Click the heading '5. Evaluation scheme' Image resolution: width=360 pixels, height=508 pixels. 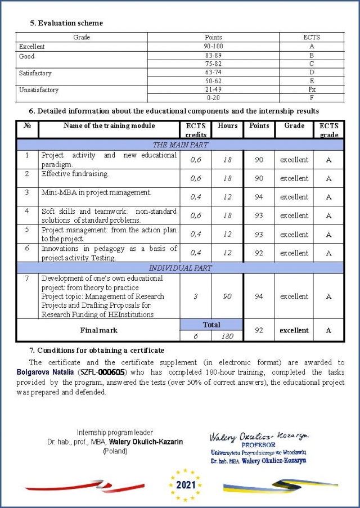(x=66, y=23)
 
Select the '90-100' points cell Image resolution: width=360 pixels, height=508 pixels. (x=213, y=46)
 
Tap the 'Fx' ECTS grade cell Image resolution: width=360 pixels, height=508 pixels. (x=311, y=89)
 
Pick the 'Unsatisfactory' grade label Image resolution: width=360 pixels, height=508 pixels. (x=39, y=89)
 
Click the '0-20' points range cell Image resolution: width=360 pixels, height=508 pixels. (x=213, y=98)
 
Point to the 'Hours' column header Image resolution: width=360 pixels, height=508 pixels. (x=227, y=125)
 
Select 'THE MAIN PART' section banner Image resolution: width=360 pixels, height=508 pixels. (x=180, y=145)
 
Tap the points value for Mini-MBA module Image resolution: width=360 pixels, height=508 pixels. (x=259, y=197)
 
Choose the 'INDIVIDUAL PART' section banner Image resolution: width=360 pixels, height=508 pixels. (x=180, y=268)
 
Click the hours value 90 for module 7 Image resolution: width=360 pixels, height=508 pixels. (x=227, y=296)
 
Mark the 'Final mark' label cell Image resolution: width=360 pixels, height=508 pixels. (x=98, y=330)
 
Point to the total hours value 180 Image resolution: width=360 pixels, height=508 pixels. (x=227, y=336)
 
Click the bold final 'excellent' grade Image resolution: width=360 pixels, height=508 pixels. (x=294, y=330)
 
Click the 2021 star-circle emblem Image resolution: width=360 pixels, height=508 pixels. (x=185, y=484)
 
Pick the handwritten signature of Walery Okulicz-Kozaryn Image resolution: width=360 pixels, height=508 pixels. (x=258, y=437)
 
